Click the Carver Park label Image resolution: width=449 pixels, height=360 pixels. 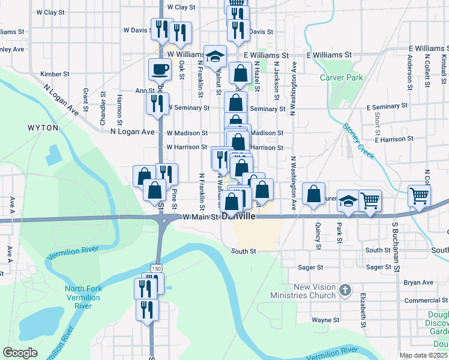tap(342, 78)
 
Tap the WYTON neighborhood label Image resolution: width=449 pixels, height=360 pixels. tap(43, 128)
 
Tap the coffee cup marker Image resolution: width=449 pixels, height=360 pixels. tap(160, 70)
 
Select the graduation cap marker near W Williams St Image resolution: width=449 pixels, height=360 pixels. tap(215, 56)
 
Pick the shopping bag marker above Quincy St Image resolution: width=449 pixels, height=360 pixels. tap(314, 194)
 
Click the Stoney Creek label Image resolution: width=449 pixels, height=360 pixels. tap(360, 142)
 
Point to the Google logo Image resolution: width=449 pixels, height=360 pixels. tap(20, 353)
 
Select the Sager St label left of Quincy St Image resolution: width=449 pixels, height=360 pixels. tap(311, 267)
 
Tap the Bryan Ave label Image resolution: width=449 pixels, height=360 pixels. tap(419, 282)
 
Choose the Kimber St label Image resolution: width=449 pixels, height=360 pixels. tap(51, 74)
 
